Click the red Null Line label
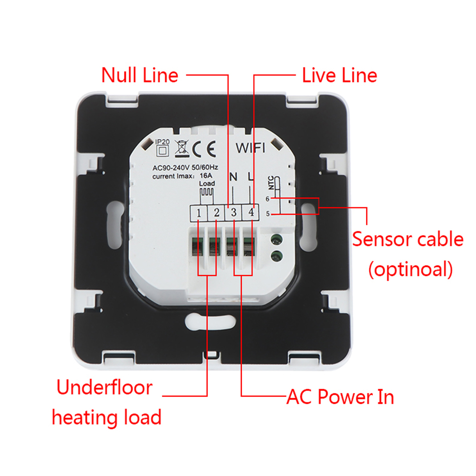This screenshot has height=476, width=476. pyautogui.click(x=140, y=75)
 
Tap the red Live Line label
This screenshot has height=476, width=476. pyautogui.click(x=339, y=75)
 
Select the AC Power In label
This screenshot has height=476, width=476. pyautogui.click(x=340, y=396)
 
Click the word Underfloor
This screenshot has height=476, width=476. pyautogui.click(x=105, y=388)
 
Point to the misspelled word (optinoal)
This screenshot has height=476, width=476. pyautogui.click(x=410, y=269)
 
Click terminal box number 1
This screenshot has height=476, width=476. pyautogui.click(x=199, y=213)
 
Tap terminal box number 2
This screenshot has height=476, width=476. pyautogui.click(x=216, y=213)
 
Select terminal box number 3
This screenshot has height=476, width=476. pyautogui.click(x=234, y=213)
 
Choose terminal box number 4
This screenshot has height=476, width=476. pyautogui.click(x=251, y=213)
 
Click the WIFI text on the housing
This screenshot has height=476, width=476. pyautogui.click(x=252, y=148)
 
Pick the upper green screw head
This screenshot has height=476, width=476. pyautogui.click(x=275, y=240)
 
